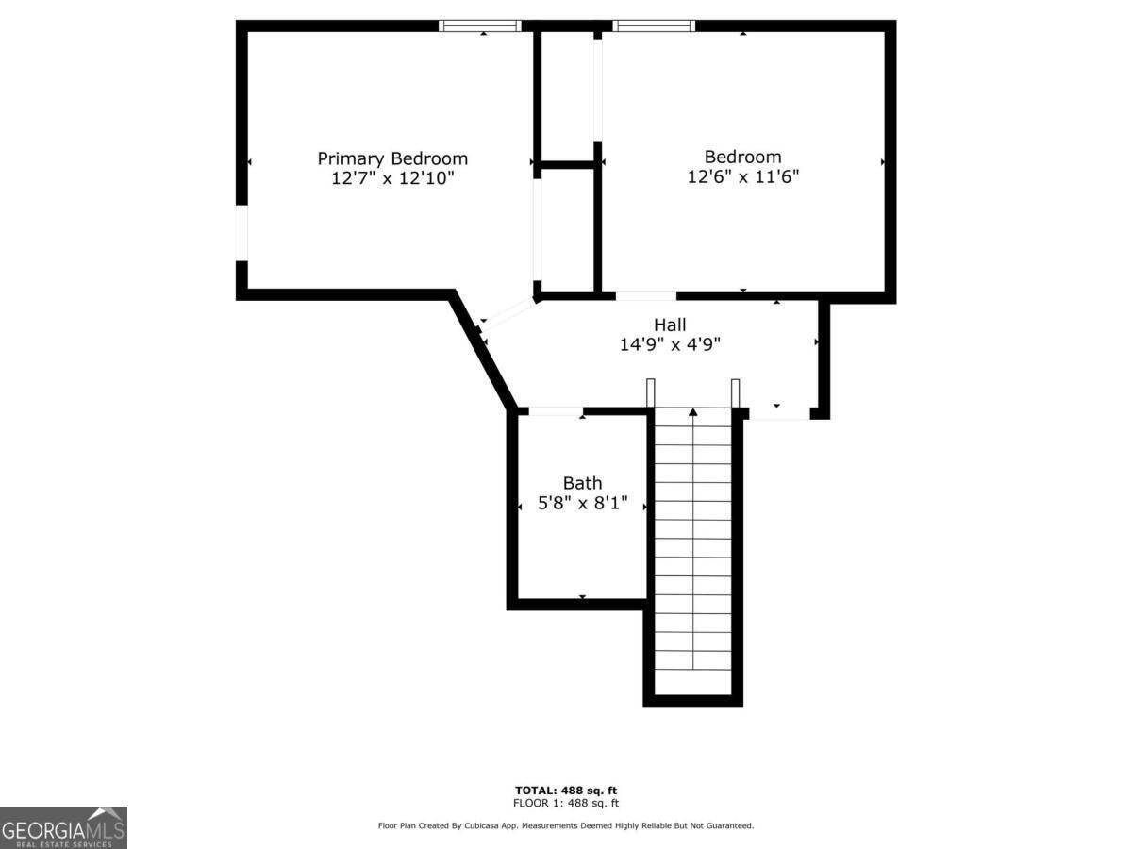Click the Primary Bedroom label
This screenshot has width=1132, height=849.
tap(392, 158)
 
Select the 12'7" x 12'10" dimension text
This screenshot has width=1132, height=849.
tap(392, 178)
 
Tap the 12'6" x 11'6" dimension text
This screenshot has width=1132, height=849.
tap(743, 176)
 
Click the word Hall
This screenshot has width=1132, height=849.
tap(670, 325)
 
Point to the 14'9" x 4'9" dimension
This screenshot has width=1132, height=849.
tap(670, 345)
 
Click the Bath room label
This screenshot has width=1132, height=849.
tap(582, 484)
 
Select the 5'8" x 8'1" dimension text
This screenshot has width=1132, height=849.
tap(582, 505)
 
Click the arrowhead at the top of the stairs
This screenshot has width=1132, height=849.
tap(693, 411)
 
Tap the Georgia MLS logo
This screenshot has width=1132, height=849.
tap(63, 827)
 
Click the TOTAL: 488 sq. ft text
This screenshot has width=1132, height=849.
tap(566, 791)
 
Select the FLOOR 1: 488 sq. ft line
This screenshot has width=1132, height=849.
tap(566, 804)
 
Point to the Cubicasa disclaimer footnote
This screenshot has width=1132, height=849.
tap(566, 826)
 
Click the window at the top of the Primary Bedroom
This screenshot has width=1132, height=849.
tap(480, 25)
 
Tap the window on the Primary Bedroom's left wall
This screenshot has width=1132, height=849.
tap(241, 232)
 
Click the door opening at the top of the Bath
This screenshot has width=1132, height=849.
tap(556, 411)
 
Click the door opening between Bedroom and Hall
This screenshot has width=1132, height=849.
tap(645, 296)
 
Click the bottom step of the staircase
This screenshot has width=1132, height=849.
tap(693, 659)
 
